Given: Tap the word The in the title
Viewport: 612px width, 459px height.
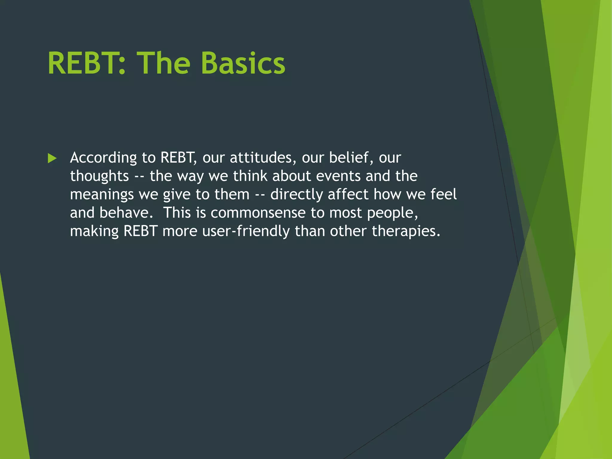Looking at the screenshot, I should [163, 63].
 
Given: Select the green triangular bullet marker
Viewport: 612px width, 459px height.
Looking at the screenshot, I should [52, 158].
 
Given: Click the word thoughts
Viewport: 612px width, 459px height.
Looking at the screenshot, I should [99, 176].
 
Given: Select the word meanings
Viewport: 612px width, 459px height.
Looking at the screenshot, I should [102, 195].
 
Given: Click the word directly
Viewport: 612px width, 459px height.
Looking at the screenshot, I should [296, 195].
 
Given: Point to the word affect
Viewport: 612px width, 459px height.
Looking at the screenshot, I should [348, 194].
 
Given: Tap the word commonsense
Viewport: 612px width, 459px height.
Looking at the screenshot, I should [258, 213].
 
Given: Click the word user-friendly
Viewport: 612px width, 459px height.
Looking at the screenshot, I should [246, 231].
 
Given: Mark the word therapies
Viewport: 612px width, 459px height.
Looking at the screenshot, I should [406, 231].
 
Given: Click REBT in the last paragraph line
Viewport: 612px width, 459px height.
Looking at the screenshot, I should [140, 231].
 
